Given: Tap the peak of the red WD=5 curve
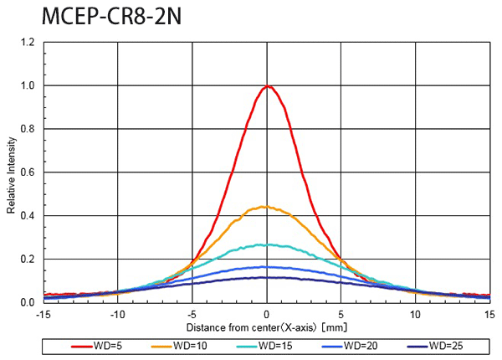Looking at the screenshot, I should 268,86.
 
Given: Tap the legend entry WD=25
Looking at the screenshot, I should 443,345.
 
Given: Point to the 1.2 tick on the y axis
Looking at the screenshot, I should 28,43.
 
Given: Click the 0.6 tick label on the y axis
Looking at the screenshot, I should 28,172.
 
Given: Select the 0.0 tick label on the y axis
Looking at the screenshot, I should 28,302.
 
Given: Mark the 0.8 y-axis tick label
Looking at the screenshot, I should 28,129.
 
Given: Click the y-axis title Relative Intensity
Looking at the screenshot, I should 11,172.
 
